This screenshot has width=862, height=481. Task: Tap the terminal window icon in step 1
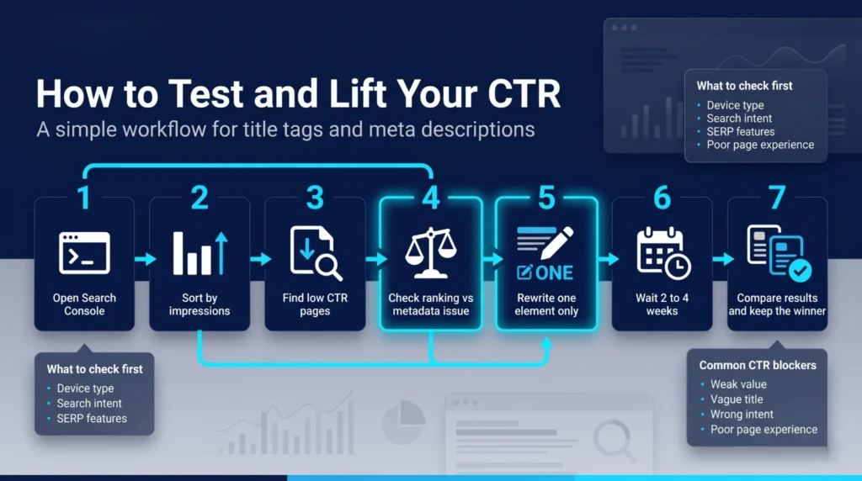(x=83, y=252)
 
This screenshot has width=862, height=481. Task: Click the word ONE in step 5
(x=554, y=272)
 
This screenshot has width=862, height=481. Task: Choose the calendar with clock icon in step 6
(x=662, y=252)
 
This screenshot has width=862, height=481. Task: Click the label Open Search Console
(x=84, y=304)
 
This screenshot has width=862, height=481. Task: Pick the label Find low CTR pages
(x=315, y=304)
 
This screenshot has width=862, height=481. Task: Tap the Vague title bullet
(x=737, y=399)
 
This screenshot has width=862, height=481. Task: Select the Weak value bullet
(x=738, y=384)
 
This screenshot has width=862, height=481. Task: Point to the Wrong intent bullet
(x=742, y=415)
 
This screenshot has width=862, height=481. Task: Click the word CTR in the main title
(x=523, y=93)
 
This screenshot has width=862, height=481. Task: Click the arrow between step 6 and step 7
(x=721, y=259)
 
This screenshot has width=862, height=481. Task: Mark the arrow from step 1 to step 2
(x=143, y=259)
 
